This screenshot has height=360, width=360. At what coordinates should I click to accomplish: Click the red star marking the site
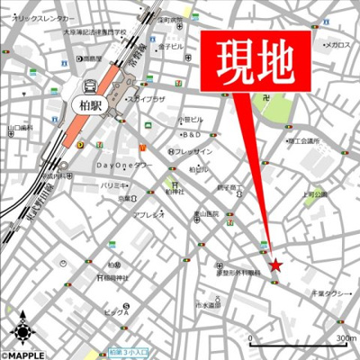(276, 265)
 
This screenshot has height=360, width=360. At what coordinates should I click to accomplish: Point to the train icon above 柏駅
(89, 86)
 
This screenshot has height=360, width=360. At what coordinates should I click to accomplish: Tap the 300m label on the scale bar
(346, 338)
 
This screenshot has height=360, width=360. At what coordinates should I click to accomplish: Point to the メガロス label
(337, 44)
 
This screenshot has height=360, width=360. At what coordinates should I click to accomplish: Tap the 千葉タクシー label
(329, 293)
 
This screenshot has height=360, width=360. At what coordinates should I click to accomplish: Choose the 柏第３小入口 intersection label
(133, 352)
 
